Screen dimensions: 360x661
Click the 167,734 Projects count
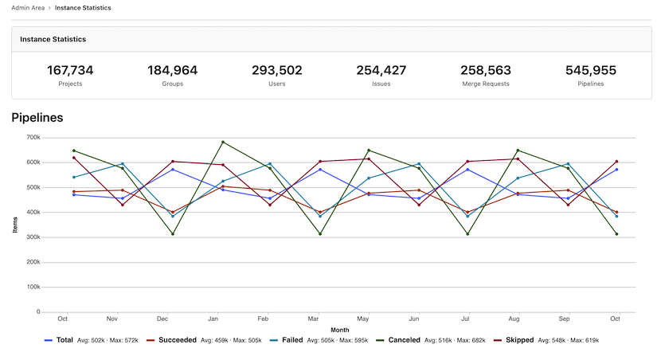click(x=70, y=70)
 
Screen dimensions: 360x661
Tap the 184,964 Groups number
click(x=172, y=70)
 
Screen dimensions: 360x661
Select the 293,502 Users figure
click(x=277, y=70)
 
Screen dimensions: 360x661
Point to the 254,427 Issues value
click(x=381, y=70)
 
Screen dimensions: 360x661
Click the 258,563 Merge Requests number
click(x=486, y=70)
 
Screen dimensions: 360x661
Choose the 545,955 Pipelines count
click(x=591, y=70)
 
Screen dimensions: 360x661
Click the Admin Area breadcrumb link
click(x=28, y=8)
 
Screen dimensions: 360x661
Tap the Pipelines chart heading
click(x=37, y=118)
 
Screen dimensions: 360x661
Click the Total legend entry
click(x=65, y=340)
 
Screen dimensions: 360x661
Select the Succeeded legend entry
click(x=177, y=340)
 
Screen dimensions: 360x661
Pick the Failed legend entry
click(x=291, y=340)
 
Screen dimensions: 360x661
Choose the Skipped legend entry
click(x=520, y=340)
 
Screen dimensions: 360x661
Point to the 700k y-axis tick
click(x=33, y=137)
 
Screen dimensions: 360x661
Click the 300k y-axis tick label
click(x=33, y=237)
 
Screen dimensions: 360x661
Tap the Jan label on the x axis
click(x=213, y=319)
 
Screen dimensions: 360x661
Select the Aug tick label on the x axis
click(x=514, y=319)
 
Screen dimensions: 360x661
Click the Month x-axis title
click(x=340, y=329)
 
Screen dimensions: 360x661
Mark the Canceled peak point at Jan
click(x=223, y=143)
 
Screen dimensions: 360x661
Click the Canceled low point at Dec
click(x=173, y=234)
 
